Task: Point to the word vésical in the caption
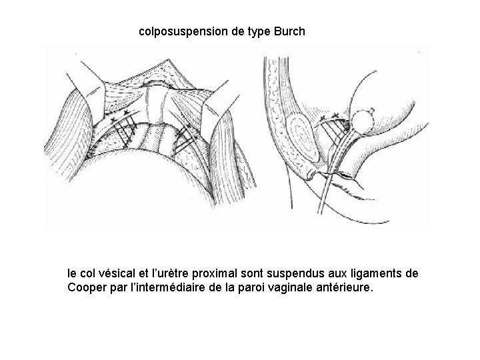tap(117, 273)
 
